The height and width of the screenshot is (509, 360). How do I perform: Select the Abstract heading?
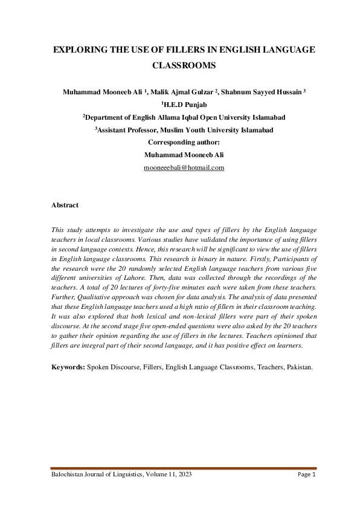[65, 205]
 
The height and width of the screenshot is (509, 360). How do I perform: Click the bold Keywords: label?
[68, 366]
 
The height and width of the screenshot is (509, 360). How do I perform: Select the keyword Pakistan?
[298, 366]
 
